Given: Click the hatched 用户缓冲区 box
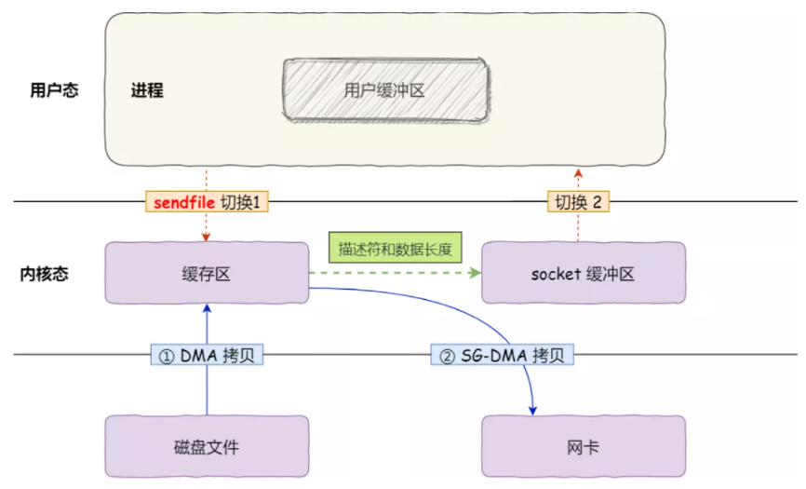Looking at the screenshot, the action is coord(385,90).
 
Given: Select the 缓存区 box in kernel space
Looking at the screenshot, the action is coord(207,273).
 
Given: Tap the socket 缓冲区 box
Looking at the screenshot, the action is coord(584,273).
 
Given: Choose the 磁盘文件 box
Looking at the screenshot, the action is coord(207,446).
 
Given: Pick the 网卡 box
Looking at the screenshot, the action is coord(584,446).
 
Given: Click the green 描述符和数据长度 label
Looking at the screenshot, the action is coord(396,249).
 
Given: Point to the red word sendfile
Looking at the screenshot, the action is coord(184,202).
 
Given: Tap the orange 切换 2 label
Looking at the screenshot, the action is coord(578,201).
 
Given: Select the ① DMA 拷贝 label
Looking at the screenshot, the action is coord(207,355).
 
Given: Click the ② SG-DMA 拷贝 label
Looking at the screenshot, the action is coord(502,355).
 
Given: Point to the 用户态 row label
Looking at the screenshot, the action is coord(54,90).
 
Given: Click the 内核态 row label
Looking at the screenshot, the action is coord(44,274).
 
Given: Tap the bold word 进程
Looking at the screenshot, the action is coord(147,90).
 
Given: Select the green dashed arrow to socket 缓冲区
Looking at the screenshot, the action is coord(395,273).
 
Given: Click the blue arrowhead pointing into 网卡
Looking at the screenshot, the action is coord(532,410).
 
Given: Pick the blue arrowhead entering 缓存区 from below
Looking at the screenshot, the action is coord(208,308).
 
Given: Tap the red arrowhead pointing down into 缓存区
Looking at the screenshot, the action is coord(206,237).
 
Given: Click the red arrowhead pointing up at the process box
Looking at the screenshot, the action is coord(578,174).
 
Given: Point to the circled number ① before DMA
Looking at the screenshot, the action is coord(166,356).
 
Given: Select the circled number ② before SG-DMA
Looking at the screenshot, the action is coord(447,356).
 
